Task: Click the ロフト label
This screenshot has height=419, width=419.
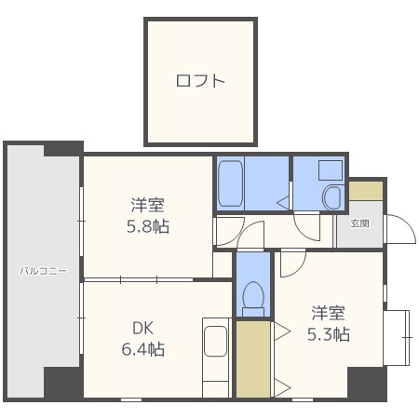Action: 200,81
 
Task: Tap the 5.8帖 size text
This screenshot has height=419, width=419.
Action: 149,226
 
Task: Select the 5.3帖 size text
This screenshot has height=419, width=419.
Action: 330,333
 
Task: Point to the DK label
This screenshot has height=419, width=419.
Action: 142,328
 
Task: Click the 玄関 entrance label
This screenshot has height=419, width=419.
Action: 359,223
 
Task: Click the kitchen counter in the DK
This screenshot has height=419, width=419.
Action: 216,358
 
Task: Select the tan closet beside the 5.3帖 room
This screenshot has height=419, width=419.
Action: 252,358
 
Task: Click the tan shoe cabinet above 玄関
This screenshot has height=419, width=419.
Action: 366,188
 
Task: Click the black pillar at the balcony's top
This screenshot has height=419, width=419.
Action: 62,147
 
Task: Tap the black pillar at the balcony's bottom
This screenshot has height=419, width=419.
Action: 62,383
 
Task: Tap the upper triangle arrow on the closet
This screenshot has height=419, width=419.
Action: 281,329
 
